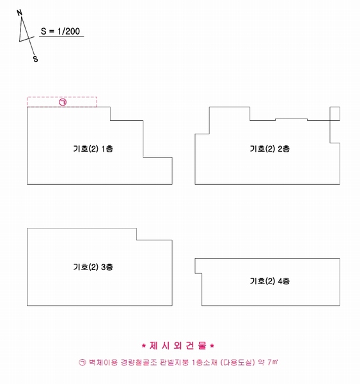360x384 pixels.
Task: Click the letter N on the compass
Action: tap(20, 13)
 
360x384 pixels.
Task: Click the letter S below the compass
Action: tap(36, 59)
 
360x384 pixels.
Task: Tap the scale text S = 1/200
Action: tap(61, 31)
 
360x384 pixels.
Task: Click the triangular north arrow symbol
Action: tap(25, 32)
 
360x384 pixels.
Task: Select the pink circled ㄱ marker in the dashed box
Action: tap(63, 102)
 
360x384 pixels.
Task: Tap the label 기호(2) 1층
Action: tap(93, 148)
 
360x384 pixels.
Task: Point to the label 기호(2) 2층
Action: tap(270, 148)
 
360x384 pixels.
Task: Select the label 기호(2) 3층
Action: tap(93, 267)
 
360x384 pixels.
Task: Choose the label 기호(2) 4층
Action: tap(270, 281)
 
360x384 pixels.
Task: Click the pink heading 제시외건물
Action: tap(178, 346)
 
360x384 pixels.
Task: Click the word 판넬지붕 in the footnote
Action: tap(175, 362)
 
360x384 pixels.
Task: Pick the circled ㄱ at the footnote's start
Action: tap(82, 362)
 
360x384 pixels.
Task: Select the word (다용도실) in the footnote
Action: tap(237, 362)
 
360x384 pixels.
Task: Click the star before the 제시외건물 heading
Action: tap(144, 346)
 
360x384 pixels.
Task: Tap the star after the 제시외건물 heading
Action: tap(212, 346)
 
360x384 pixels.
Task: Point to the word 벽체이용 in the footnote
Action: tap(104, 362)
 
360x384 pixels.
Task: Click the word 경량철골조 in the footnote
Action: tap(139, 362)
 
